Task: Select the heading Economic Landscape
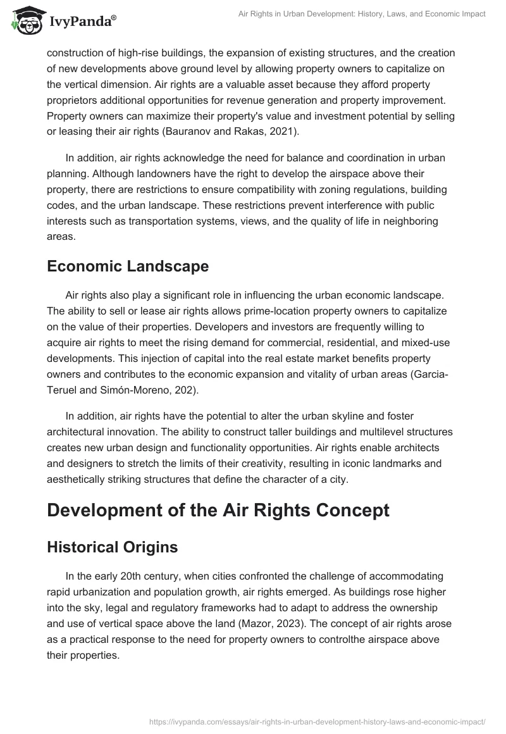point(128,266)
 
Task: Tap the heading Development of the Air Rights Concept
point(218,510)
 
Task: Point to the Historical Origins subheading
point(112,547)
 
